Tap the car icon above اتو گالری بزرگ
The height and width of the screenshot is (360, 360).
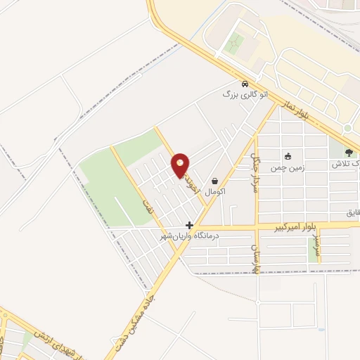coord(244,82)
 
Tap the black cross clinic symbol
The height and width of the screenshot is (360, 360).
coord(189,226)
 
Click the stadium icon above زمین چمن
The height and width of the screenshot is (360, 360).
coord(288,156)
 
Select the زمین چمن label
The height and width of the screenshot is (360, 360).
coord(288,169)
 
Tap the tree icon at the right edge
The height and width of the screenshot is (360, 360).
coord(349,153)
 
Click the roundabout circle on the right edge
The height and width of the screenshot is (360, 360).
coord(347,129)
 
